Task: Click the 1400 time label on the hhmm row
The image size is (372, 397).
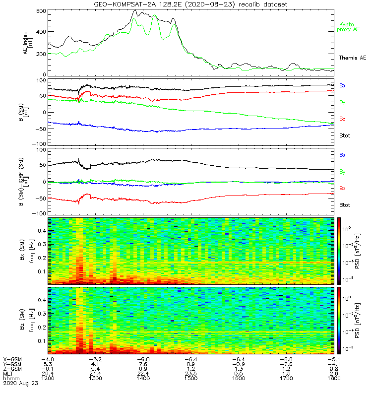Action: coord(144,378)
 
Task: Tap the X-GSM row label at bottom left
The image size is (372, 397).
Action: coord(12,358)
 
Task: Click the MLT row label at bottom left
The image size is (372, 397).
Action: coord(8,373)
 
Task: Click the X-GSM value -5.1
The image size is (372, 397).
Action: coord(333,358)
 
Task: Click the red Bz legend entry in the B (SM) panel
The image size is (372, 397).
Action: coord(342,119)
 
